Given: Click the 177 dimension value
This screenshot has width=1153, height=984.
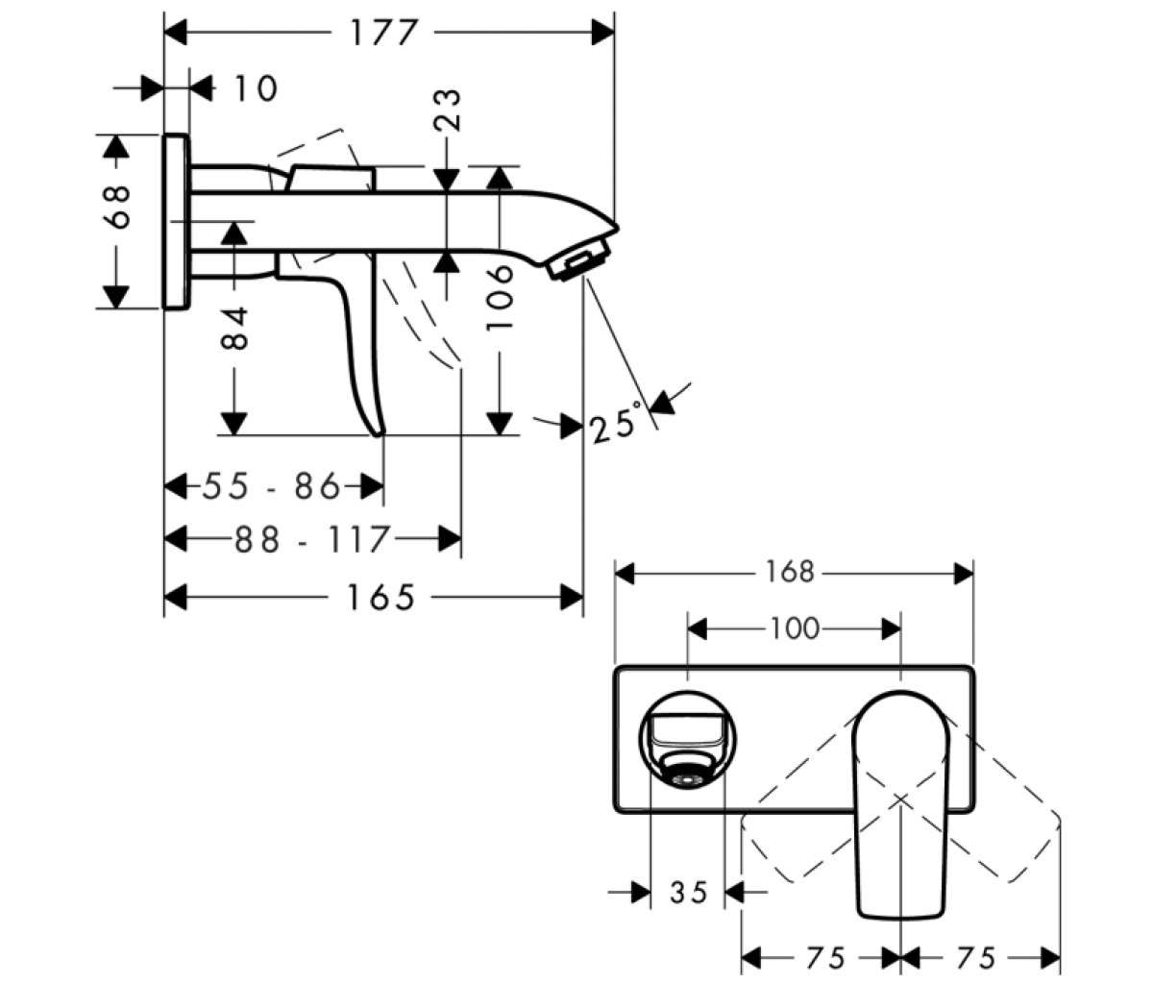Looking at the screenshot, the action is pyautogui.click(x=383, y=33).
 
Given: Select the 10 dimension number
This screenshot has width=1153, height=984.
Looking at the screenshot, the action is pyautogui.click(x=256, y=88).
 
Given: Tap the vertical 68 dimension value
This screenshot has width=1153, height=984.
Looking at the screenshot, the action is pyautogui.click(x=117, y=208).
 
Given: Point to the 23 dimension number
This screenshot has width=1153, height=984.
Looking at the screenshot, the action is pyautogui.click(x=448, y=110).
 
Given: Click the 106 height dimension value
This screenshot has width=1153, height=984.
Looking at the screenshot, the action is pyautogui.click(x=500, y=299).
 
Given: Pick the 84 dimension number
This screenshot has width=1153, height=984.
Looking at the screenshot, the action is pyautogui.click(x=234, y=328).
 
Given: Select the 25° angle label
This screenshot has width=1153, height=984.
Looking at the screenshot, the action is pyautogui.click(x=615, y=423).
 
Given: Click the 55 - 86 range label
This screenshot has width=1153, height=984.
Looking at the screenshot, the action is pyautogui.click(x=271, y=486).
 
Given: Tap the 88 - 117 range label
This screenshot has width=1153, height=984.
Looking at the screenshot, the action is pyautogui.click(x=312, y=539).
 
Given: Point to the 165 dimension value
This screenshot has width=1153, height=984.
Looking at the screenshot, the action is pyautogui.click(x=381, y=598).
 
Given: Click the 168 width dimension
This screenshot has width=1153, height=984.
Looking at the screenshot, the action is pyautogui.click(x=789, y=573).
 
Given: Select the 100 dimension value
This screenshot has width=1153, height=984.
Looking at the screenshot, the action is pyautogui.click(x=795, y=628).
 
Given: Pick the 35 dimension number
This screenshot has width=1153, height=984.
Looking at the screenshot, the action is pyautogui.click(x=690, y=893).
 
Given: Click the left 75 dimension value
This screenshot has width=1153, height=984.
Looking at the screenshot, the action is pyautogui.click(x=826, y=959).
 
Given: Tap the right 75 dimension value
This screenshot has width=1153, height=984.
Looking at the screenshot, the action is pyautogui.click(x=977, y=959).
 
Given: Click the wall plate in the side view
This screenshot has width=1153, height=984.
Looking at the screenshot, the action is pyautogui.click(x=178, y=221).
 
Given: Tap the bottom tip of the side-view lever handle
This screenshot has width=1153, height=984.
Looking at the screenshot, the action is pyautogui.click(x=380, y=433).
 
